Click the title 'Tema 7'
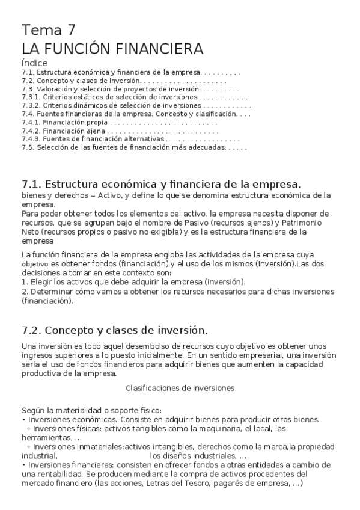(49, 30)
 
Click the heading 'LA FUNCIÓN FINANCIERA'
(112, 49)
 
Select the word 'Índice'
(34, 63)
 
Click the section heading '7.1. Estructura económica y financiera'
(161, 183)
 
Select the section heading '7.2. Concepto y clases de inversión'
(114, 330)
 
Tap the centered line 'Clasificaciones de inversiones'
(180, 388)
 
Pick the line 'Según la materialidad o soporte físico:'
(88, 410)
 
